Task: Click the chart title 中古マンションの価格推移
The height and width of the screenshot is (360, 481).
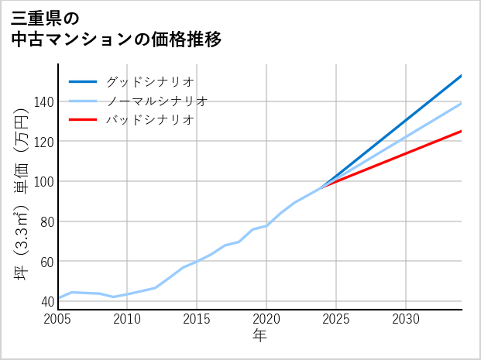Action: pos(117,39)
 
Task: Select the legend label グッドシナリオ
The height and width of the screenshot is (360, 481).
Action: pos(150,81)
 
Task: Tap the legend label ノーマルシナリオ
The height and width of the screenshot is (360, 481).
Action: pos(157,101)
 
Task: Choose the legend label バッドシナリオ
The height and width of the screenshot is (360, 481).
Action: pos(150,120)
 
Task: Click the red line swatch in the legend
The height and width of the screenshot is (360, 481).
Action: pos(83,120)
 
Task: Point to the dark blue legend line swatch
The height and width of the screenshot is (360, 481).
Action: pos(83,81)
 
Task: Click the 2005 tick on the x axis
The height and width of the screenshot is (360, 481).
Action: pos(58,319)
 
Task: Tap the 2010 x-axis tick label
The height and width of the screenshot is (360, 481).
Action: pos(127,319)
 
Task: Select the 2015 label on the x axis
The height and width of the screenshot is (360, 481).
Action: pos(197,319)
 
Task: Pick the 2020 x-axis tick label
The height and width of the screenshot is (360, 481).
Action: pos(266,319)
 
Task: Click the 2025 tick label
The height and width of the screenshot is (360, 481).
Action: pos(336,319)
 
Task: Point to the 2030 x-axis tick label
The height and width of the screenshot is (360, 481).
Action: pos(406,319)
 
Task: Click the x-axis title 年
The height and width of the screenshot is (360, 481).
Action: pos(259,336)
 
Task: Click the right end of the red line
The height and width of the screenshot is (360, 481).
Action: pos(461,131)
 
